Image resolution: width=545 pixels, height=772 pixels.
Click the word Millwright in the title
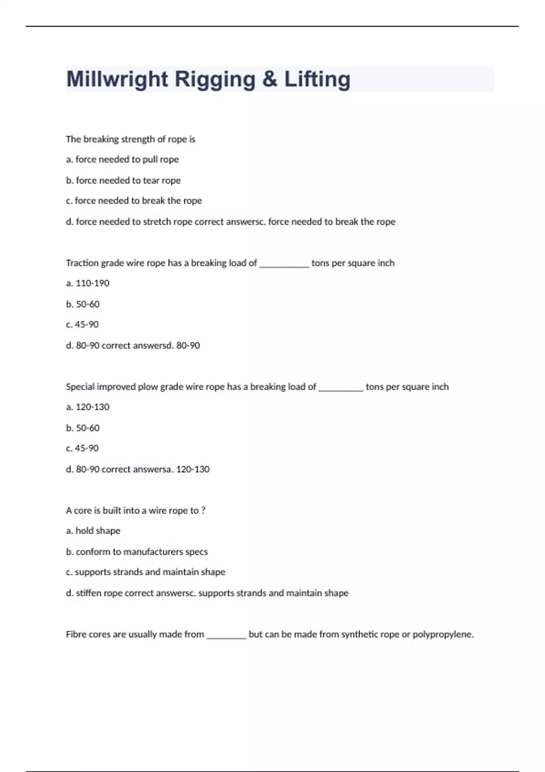[117, 79]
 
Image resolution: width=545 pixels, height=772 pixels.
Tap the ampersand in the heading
[269, 79]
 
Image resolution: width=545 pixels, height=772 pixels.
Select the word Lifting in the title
[317, 79]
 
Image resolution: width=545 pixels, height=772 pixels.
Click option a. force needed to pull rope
[122, 159]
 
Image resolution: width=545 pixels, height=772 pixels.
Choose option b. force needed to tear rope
[123, 180]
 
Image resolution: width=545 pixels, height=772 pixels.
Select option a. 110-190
[88, 283]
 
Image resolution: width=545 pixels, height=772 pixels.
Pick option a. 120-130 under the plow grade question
[88, 407]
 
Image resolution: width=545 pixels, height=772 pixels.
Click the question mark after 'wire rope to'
[203, 511]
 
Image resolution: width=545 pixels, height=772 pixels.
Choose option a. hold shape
[93, 531]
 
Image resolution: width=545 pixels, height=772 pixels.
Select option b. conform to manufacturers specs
[137, 552]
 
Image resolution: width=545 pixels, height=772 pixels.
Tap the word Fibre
[76, 634]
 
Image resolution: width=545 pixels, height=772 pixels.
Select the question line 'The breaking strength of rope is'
[130, 139]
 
